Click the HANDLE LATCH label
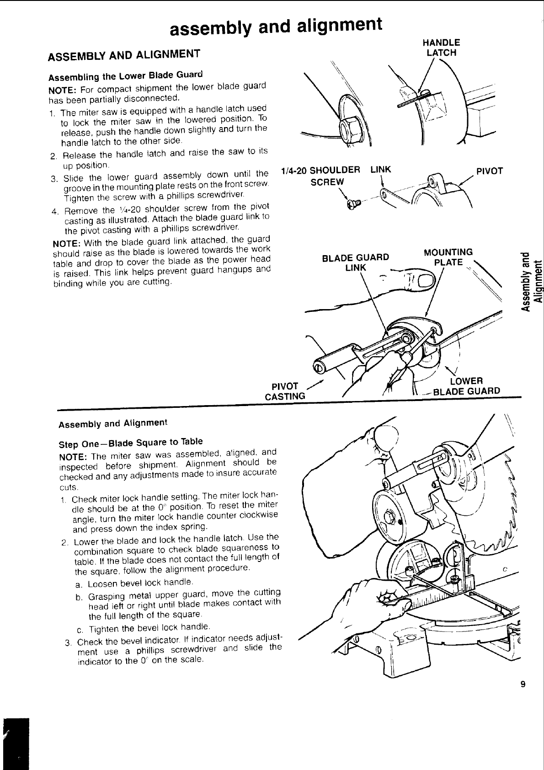[x=441, y=48]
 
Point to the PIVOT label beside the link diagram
[x=490, y=171]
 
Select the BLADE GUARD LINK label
[x=356, y=262]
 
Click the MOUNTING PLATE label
[x=448, y=257]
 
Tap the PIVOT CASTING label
[x=285, y=391]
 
